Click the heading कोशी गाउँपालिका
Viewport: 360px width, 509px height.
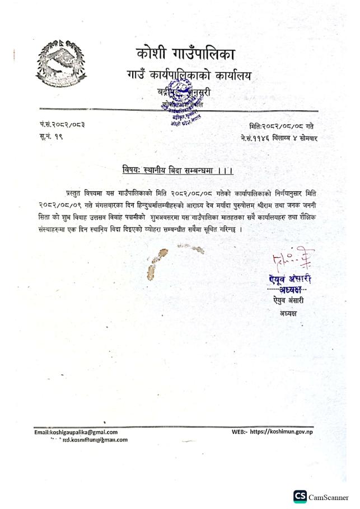pos(185,55)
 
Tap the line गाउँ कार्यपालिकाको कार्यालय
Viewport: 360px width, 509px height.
pos(189,76)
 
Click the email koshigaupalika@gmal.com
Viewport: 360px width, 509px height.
pos(76,432)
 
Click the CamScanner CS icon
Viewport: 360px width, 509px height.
pos(300,497)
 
